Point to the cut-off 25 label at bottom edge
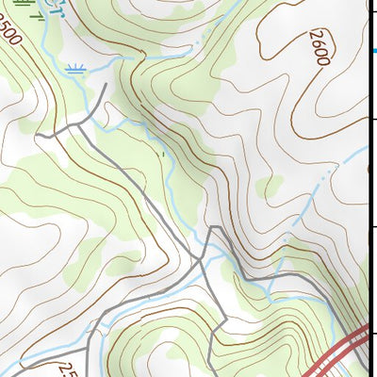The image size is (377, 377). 67,369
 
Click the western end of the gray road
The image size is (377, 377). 38,137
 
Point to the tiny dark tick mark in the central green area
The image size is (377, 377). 163,153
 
